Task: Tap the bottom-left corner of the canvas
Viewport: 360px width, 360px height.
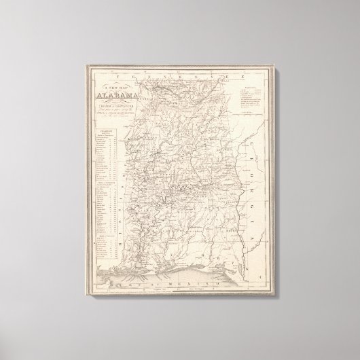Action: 84,302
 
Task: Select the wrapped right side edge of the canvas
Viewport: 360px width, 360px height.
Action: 278,183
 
